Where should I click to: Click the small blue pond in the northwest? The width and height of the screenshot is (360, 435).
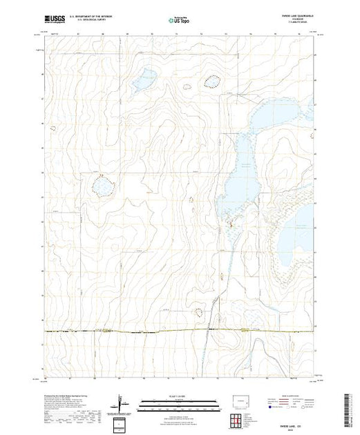(144, 80)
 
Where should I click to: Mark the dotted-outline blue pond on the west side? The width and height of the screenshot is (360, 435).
(102, 185)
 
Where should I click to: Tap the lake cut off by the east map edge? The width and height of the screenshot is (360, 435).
(306, 220)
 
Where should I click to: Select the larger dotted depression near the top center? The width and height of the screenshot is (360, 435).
(211, 83)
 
